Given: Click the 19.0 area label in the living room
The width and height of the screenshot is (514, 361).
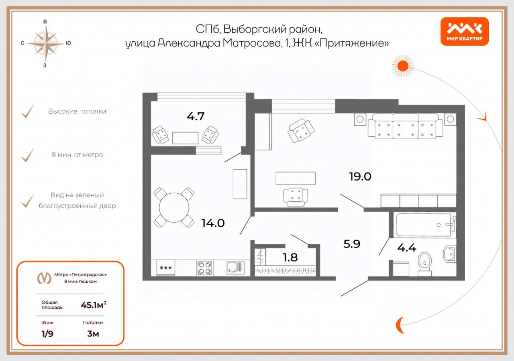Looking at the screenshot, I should click(x=360, y=176).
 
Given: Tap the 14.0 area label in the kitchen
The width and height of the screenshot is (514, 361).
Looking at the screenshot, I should click(x=213, y=223).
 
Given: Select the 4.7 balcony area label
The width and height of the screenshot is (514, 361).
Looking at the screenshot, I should click(x=196, y=117).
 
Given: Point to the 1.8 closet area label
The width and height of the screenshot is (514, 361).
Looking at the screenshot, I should click(x=290, y=257).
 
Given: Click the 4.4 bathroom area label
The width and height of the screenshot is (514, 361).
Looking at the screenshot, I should click(x=406, y=248).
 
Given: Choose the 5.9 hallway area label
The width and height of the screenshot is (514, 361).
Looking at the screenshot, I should click(x=352, y=244).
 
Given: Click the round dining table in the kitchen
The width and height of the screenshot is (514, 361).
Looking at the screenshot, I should click(x=174, y=208).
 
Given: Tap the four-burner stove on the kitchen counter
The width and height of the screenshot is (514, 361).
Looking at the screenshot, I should click(x=204, y=268).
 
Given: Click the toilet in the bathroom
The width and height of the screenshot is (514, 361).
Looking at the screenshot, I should click(x=424, y=263).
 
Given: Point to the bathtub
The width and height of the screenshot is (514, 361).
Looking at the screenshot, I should click(x=426, y=225).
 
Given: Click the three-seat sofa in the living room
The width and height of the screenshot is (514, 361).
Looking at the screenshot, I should click(x=406, y=126).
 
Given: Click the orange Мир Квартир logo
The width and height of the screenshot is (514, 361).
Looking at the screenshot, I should click(x=465, y=31).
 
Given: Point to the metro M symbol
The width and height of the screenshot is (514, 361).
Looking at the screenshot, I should click(x=44, y=278).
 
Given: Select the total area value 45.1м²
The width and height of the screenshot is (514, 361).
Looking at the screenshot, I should click(x=94, y=305).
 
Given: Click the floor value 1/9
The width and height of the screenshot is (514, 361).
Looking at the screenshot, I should click(x=47, y=334).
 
